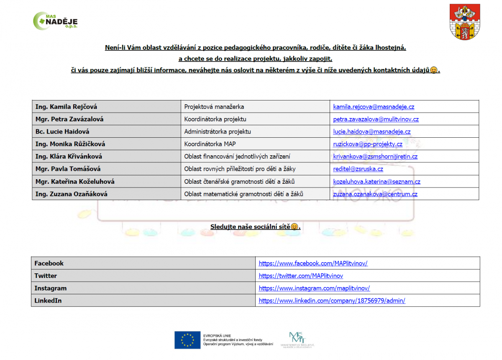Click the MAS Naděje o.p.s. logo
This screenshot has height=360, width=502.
tap(55, 21)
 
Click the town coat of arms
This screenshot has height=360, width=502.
tap(465, 22)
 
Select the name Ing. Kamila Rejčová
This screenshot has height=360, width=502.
tap(67, 107)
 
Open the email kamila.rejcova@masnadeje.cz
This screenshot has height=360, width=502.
tap(374, 107)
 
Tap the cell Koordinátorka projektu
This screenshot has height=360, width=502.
tap(215, 119)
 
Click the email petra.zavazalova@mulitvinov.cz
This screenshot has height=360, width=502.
tap(376, 119)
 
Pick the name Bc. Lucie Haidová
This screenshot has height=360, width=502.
tap(62, 131)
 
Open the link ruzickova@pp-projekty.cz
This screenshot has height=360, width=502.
tap(367, 144)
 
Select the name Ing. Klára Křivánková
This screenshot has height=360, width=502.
tap(69, 157)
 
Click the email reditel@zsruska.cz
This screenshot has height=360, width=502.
tap(358, 169)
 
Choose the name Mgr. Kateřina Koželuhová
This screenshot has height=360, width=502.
tap(75, 182)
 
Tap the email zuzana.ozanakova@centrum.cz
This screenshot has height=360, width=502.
tap(375, 194)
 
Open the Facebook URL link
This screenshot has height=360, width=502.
tap(313, 263)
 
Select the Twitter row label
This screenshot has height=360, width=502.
tap(46, 276)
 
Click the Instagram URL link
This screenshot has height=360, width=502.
tap(314, 288)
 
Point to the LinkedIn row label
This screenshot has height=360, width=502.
tap(48, 301)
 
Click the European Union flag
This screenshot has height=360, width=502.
tap(187, 340)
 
